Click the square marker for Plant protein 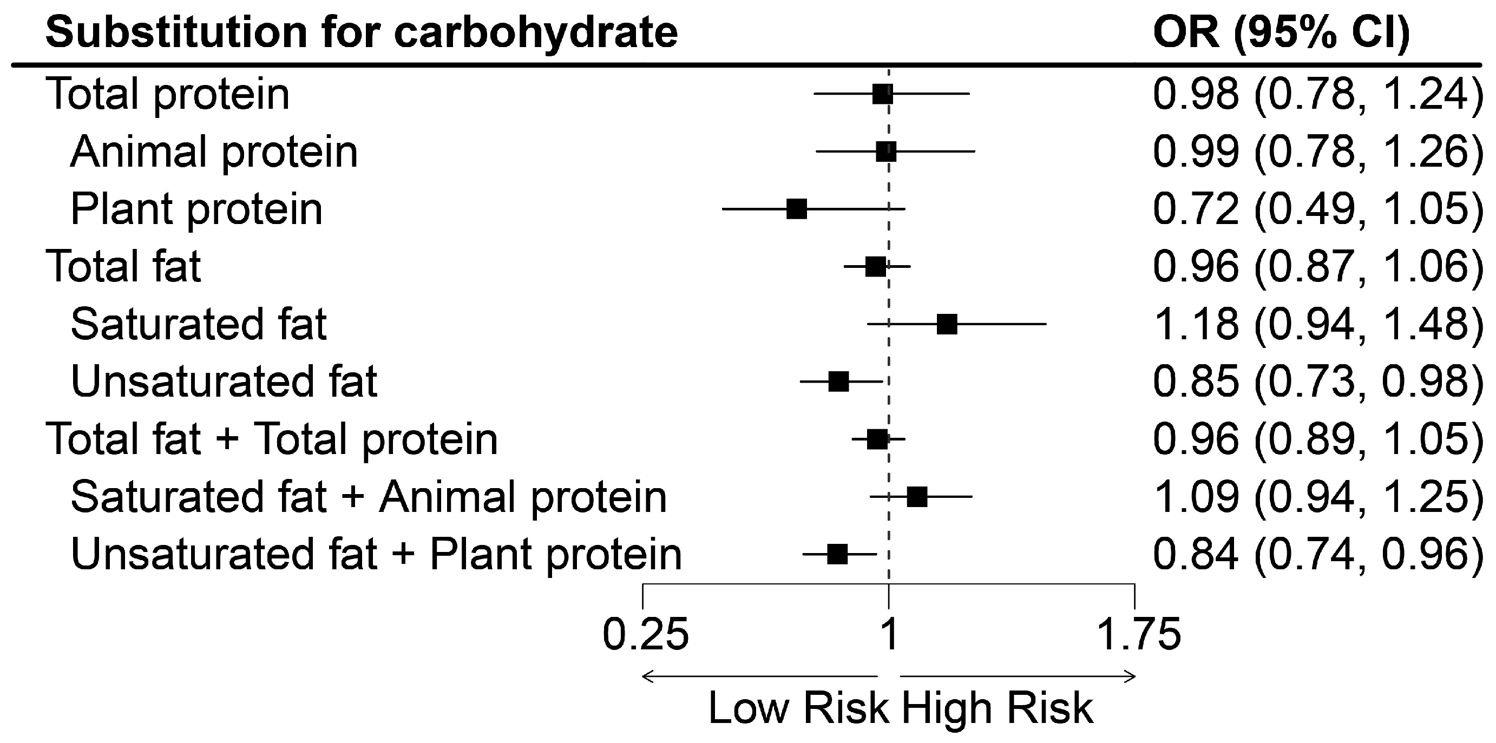tap(796, 208)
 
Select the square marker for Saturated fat tap(947, 324)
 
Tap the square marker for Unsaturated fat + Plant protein tap(837, 554)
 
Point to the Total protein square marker tap(882, 94)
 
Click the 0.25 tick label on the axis tap(645, 634)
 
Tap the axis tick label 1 tap(889, 634)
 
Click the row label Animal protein tap(214, 152)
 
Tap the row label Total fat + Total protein tap(271, 439)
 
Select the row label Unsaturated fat tap(224, 382)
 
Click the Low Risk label tap(798, 708)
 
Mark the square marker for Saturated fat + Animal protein tap(916, 497)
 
